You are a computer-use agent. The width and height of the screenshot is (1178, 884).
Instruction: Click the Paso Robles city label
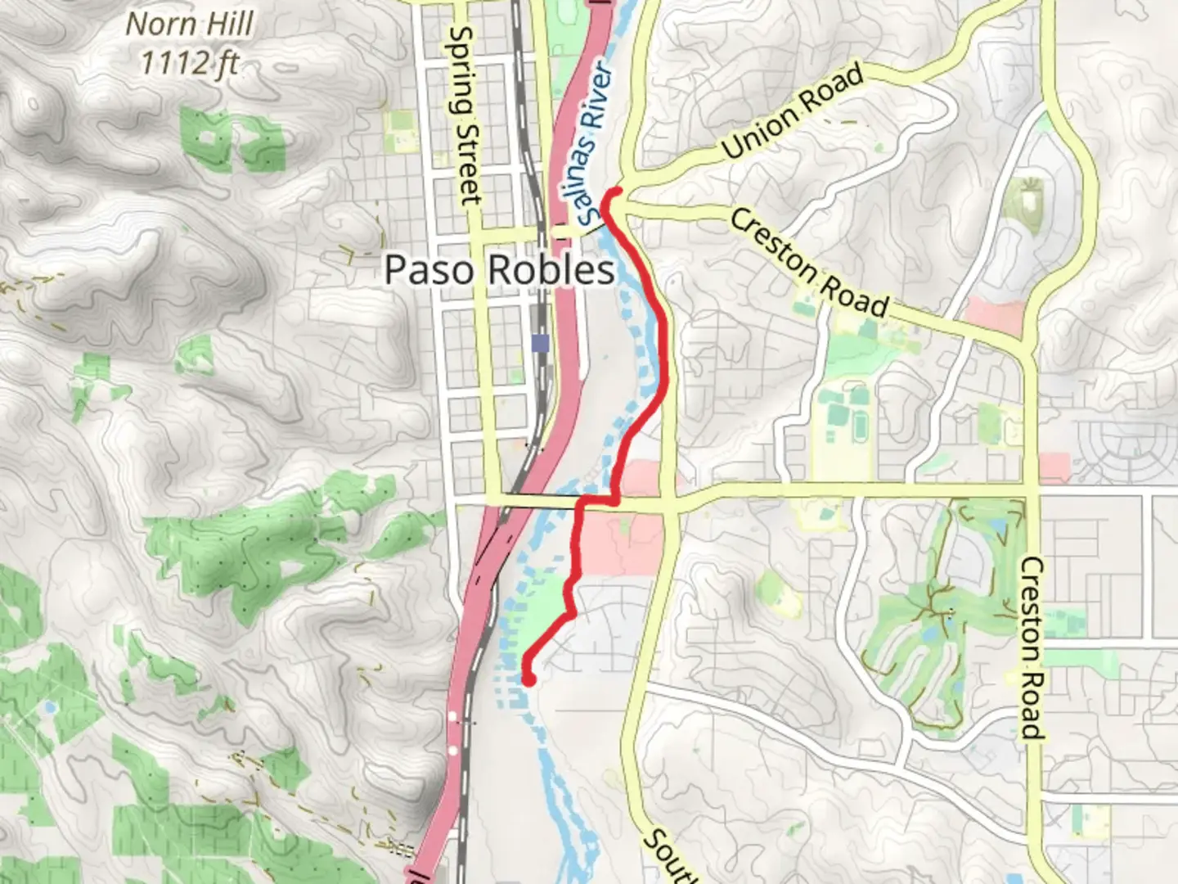(499, 270)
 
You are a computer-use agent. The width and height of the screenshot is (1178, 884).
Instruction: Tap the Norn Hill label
(190, 25)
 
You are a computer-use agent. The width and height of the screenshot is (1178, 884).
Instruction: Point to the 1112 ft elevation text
(190, 62)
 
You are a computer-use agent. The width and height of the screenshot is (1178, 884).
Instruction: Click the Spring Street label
(465, 115)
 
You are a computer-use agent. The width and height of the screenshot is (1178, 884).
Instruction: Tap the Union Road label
(793, 111)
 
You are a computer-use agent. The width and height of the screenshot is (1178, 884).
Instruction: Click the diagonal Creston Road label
(809, 263)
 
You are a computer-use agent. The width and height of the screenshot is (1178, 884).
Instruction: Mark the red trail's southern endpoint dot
(528, 679)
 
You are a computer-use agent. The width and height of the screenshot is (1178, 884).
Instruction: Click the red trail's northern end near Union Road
(614, 192)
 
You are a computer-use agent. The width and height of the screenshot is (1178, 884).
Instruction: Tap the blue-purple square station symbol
(540, 342)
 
